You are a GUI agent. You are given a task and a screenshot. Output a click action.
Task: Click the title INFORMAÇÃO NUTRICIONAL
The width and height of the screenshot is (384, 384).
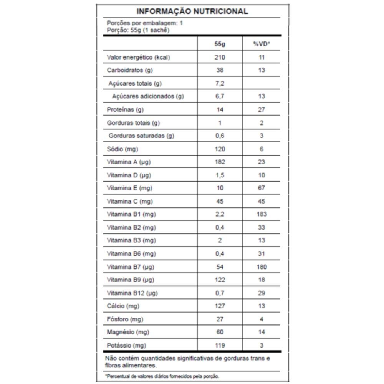[x=192, y=11]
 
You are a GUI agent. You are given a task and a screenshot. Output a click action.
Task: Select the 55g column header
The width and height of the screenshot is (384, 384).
[x=220, y=44]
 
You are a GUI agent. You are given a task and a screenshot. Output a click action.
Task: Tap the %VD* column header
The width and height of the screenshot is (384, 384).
[x=262, y=44]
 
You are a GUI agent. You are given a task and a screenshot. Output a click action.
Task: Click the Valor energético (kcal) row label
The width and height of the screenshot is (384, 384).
[x=138, y=57]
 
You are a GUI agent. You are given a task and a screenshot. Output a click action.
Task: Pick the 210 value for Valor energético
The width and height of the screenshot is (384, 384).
[x=220, y=57]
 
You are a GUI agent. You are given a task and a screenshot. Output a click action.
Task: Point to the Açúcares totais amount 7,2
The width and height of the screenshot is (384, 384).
[x=220, y=83]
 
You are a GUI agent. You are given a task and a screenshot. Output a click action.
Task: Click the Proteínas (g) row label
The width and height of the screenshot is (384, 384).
[x=125, y=109]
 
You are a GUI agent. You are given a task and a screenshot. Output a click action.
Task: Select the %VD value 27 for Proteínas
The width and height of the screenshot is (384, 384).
[x=262, y=109]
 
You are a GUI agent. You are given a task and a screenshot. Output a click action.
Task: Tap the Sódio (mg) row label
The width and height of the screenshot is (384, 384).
[x=122, y=149]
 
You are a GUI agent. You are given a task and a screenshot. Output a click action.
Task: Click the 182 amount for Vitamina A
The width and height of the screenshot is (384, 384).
[x=220, y=162]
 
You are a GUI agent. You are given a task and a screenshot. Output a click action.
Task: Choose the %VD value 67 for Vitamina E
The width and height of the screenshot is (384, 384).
[x=262, y=188]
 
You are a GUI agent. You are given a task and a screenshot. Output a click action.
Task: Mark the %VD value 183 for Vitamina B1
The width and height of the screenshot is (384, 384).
[x=262, y=214]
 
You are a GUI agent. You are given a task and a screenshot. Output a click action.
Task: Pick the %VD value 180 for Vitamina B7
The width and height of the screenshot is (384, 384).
[x=262, y=266]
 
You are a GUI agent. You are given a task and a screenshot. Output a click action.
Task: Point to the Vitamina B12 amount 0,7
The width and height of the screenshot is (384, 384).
[x=220, y=293]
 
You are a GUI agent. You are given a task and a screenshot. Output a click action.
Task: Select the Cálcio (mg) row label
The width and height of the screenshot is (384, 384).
[x=122, y=306]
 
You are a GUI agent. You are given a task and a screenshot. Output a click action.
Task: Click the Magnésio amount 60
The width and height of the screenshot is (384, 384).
[x=220, y=332]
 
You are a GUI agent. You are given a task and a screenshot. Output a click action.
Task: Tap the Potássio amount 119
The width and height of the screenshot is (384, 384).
[x=220, y=345]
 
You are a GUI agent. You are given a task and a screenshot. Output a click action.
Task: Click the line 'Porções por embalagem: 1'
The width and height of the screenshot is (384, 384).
[x=145, y=23]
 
